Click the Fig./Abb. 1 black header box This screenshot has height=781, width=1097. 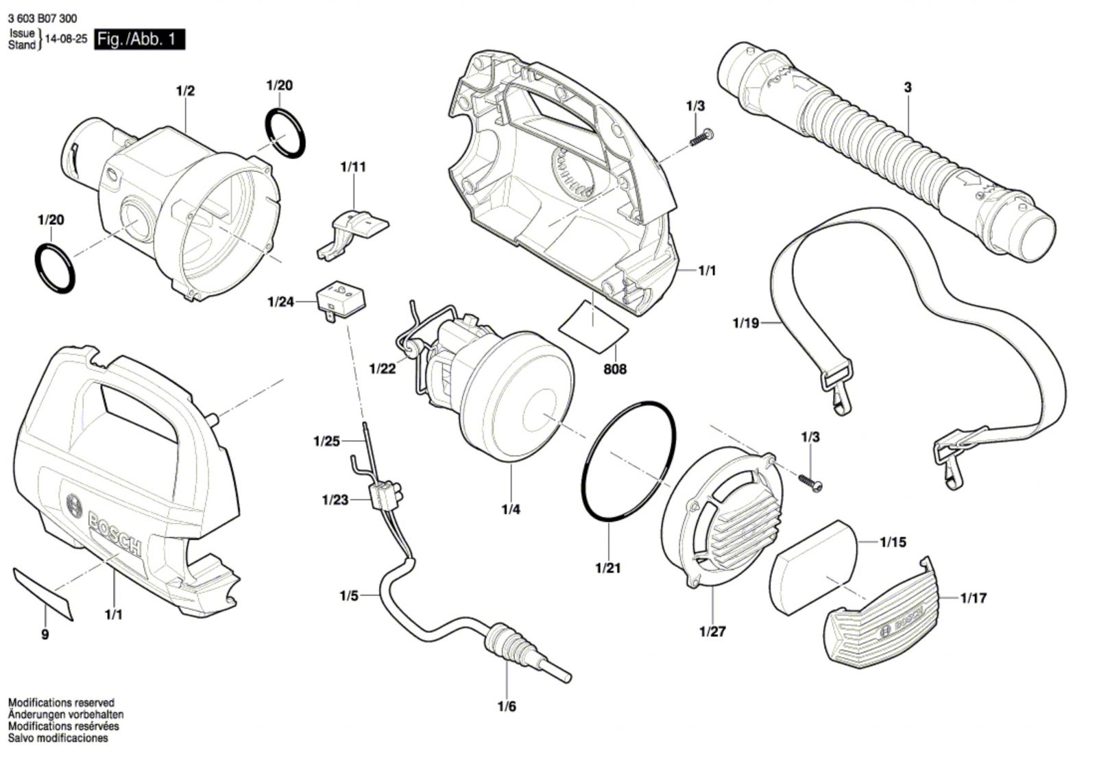(140, 39)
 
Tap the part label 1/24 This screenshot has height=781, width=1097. (280, 302)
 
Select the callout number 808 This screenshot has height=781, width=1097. (615, 369)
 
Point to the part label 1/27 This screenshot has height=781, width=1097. (712, 631)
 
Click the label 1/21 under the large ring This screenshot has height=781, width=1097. (608, 568)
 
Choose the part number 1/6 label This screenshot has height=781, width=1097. (507, 706)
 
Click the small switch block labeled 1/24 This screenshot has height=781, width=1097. (341, 300)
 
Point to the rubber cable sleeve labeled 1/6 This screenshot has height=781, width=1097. (509, 643)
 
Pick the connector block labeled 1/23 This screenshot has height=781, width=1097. (387, 494)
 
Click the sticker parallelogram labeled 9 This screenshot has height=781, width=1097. (43, 594)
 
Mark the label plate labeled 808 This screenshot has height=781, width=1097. (594, 326)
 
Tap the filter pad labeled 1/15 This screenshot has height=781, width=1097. (813, 567)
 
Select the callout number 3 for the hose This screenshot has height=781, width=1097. (908, 88)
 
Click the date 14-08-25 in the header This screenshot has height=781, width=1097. (66, 39)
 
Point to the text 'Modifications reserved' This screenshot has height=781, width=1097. (61, 703)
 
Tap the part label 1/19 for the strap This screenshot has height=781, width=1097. (746, 323)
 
